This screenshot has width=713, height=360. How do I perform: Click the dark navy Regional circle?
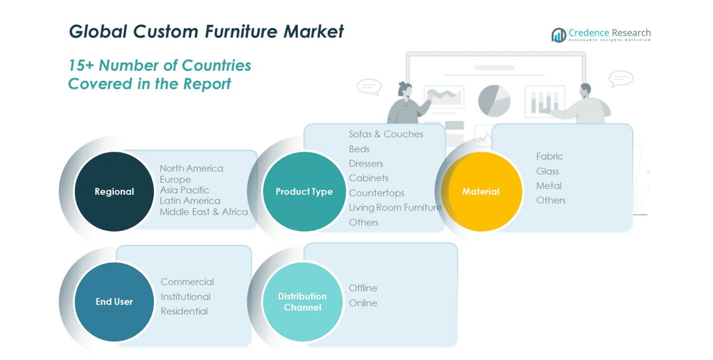[x=114, y=191]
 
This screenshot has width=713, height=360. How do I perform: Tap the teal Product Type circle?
[x=304, y=191]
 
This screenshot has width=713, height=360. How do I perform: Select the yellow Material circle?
[x=481, y=191]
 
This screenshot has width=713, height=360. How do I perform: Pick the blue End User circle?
[x=114, y=302]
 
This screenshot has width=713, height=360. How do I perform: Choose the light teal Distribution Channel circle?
[x=303, y=302]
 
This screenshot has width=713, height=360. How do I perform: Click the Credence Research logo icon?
[x=559, y=35]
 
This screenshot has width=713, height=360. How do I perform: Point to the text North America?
[x=191, y=168]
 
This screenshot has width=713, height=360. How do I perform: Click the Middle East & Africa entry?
[x=204, y=212]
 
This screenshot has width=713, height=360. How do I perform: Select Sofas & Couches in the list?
[x=386, y=134]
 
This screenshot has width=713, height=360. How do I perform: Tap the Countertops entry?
[x=376, y=193]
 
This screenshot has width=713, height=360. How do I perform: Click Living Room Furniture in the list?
[x=395, y=208]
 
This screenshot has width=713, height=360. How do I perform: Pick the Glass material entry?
[x=547, y=171]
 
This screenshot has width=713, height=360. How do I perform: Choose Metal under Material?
[x=549, y=186]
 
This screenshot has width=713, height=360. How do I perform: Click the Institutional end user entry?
[x=185, y=297]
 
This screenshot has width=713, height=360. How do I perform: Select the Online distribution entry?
[x=363, y=303]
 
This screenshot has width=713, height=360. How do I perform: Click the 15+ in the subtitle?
[x=81, y=66]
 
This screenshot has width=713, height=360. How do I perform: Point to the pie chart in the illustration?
[x=494, y=101]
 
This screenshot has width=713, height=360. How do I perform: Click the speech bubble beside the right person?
[x=621, y=78]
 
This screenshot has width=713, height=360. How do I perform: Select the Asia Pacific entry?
[x=184, y=190]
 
